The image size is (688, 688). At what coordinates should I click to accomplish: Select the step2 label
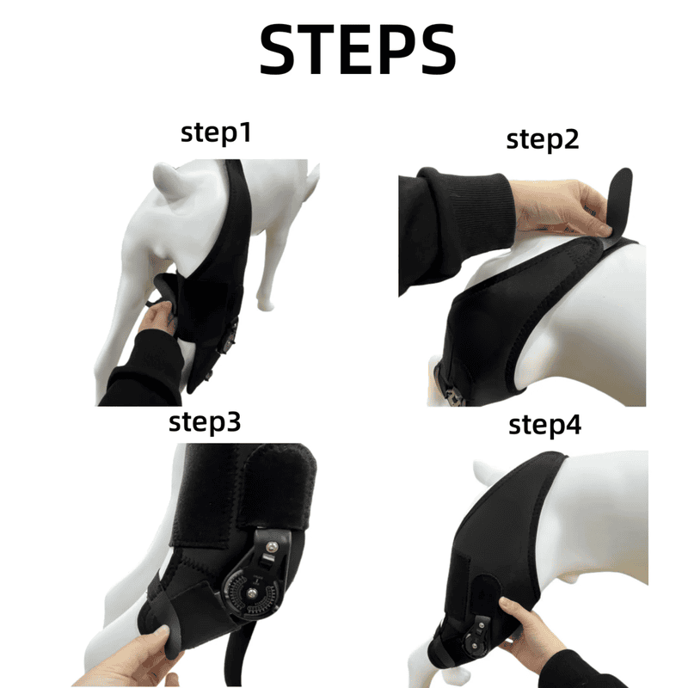(542, 139)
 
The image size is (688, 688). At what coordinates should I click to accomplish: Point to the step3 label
(217, 422)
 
